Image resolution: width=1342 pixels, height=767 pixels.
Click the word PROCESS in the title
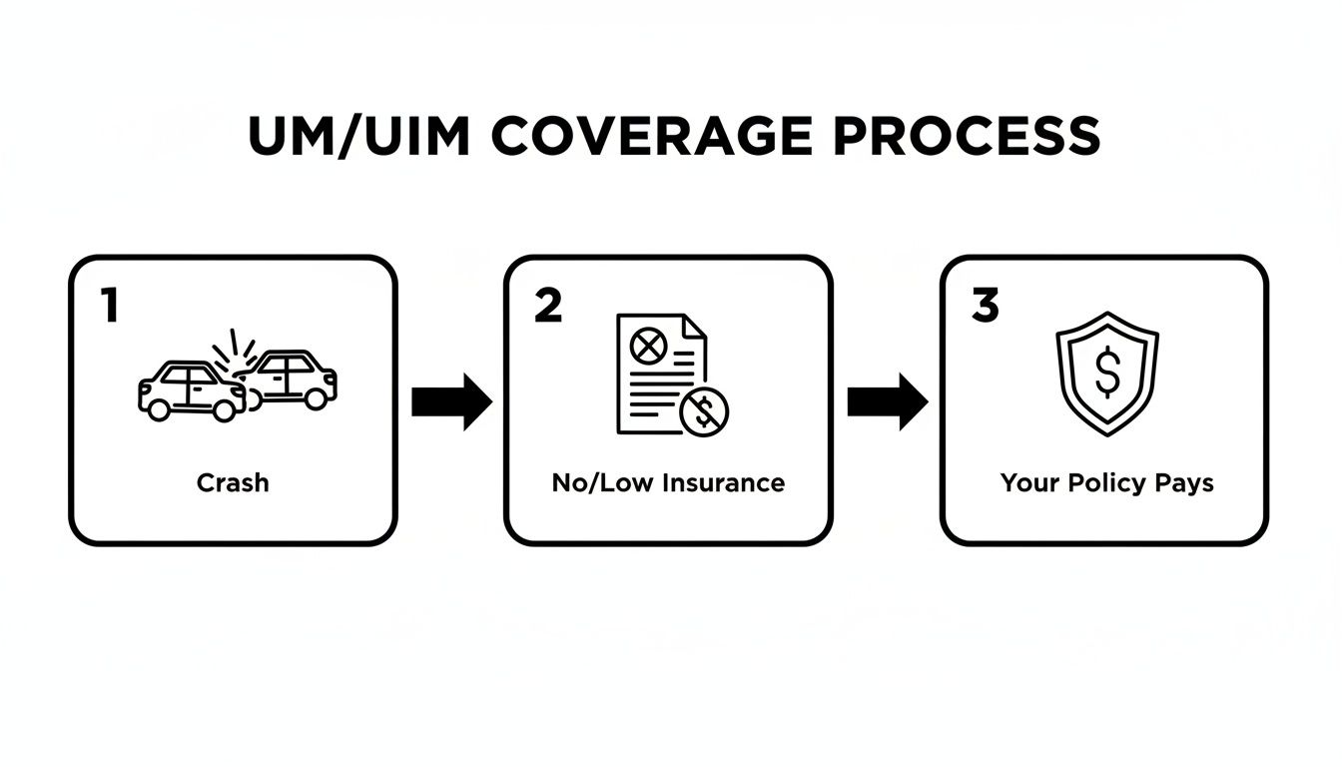click(x=967, y=137)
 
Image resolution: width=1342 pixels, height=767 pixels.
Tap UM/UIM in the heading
click(x=358, y=137)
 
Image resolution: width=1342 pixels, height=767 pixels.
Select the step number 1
click(x=110, y=306)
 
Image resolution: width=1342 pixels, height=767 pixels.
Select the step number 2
click(x=548, y=306)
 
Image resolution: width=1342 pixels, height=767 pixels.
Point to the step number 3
click(x=985, y=306)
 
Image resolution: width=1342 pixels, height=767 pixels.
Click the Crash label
click(x=233, y=483)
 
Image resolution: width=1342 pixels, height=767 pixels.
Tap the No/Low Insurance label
click(x=668, y=483)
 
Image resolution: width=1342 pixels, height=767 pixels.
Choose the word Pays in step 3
click(x=1184, y=483)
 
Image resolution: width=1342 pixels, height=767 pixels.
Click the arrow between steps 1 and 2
click(x=451, y=401)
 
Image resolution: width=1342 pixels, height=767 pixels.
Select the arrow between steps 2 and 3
click(x=888, y=401)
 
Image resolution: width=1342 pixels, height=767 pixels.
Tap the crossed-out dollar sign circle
click(x=705, y=409)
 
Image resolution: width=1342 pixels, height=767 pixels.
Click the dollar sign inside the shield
click(x=1106, y=372)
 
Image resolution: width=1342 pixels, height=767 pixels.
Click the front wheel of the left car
click(x=225, y=407)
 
